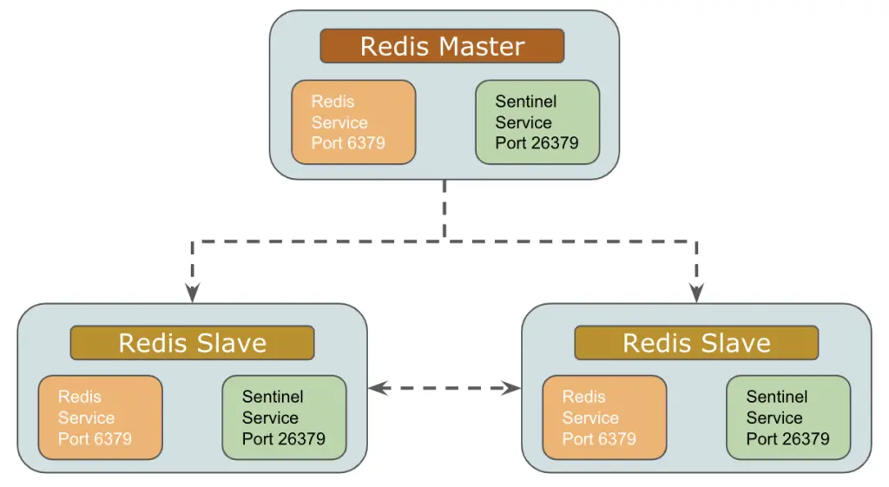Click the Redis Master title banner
coord(442,46)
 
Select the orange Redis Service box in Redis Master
coord(353,122)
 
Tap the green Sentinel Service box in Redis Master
coord(537,122)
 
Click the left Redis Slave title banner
coord(192,343)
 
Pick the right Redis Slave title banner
coord(696,343)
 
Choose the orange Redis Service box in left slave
coord(100,418)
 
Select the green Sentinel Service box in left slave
coord(284,418)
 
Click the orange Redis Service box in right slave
coord(604,418)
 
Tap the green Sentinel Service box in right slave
coord(788,418)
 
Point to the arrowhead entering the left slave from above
coord(192,293)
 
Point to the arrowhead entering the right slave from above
coord(696,293)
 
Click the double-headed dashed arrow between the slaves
coord(444,388)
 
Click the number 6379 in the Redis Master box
coord(365,143)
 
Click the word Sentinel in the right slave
coord(777,397)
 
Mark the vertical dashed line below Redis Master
coord(444,208)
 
